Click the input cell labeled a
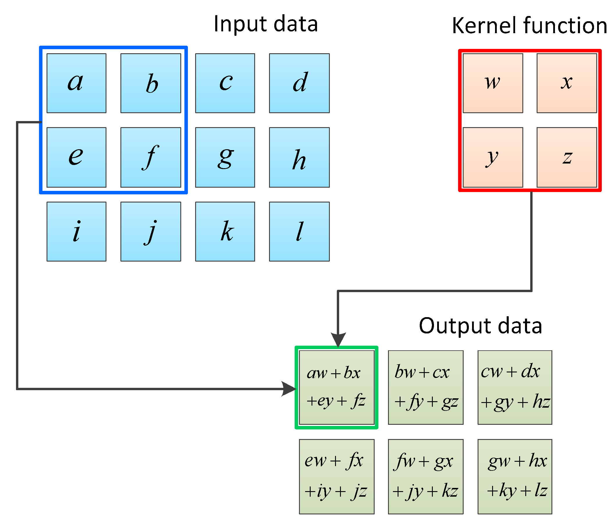coord(76,83)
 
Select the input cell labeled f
coord(151,157)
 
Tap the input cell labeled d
coord(299,83)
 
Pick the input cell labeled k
coord(225,232)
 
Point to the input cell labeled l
coord(299,232)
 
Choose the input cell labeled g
coord(225,157)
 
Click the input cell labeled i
coord(76,232)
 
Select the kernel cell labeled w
coord(493,83)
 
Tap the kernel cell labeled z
coord(567,157)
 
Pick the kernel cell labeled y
coord(493,157)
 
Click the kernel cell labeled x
coord(567,83)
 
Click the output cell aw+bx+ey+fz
coord(337,387)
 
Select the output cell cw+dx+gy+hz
coord(515,387)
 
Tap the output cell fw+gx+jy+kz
coord(426,477)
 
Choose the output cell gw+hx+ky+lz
coord(515,477)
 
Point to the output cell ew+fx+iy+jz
coord(337,477)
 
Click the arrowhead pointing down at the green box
coord(338,339)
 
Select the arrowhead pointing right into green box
coord(289,389)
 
